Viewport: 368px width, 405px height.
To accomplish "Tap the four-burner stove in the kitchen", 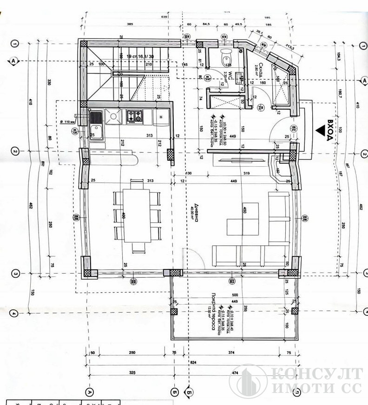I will (x=135, y=116).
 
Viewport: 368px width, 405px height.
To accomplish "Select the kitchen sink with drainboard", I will (x=96, y=122).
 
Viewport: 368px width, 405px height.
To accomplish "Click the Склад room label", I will (x=262, y=71).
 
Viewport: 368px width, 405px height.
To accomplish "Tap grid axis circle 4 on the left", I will (x=14, y=314).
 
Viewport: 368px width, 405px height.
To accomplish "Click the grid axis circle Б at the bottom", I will (x=174, y=391).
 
